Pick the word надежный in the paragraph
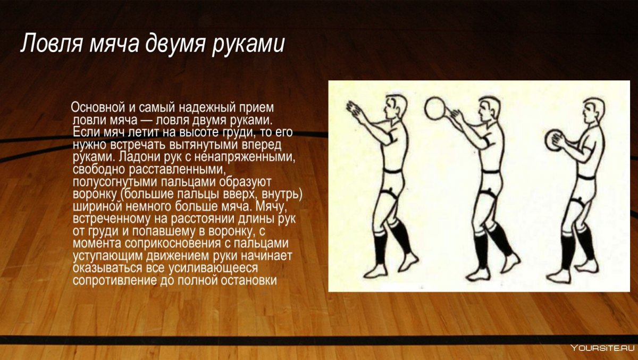[x=207, y=108]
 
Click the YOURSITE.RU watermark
[x=602, y=348]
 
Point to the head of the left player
[x=394, y=106]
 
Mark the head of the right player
[x=593, y=111]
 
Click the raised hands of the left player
[x=352, y=109]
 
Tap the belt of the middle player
[x=490, y=172]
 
